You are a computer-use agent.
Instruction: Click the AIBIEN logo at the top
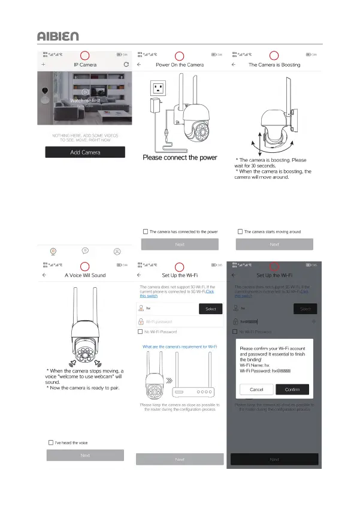coord(58,36)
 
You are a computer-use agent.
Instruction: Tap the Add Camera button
coord(85,152)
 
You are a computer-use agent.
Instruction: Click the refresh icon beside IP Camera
coord(126,64)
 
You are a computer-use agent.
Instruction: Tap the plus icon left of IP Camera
coord(43,64)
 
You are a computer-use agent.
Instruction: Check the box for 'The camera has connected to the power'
coord(146,231)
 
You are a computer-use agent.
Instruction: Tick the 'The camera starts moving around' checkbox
coord(240,231)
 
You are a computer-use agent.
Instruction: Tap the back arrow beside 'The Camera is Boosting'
coord(233,64)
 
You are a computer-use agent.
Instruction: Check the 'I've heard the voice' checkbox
coord(51,442)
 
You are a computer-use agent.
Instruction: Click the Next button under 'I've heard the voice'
coord(85,456)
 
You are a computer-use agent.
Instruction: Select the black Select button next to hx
coord(210,309)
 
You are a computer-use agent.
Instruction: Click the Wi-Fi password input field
coord(180,322)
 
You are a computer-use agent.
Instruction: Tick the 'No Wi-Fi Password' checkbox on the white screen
coord(141,332)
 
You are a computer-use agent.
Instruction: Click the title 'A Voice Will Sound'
coord(85,275)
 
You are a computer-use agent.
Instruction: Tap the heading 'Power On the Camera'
coord(180,64)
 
